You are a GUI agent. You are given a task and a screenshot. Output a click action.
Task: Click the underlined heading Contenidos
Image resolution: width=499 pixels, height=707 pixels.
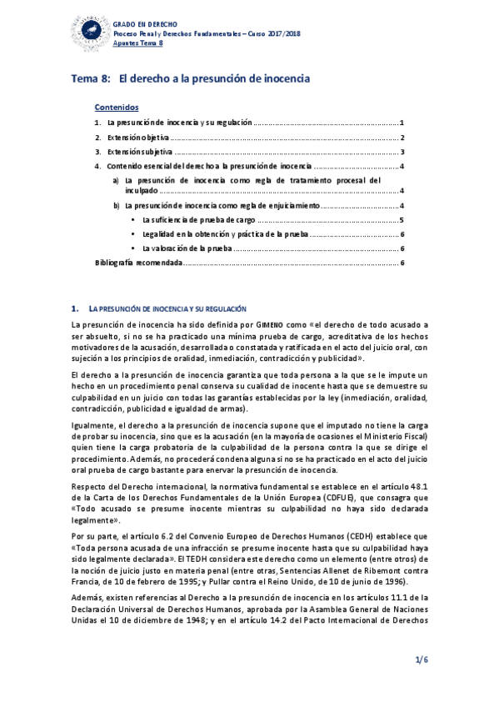(x=117, y=108)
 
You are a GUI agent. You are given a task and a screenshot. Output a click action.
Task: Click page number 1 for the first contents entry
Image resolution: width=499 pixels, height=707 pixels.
(x=402, y=123)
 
